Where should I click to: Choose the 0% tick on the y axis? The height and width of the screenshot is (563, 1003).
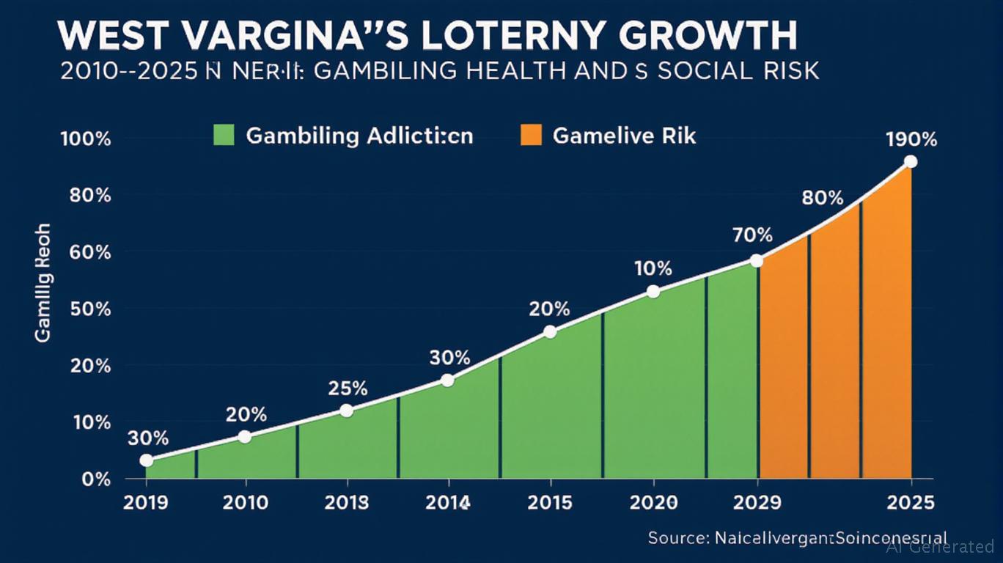click(96, 479)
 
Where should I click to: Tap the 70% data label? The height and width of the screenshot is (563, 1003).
click(752, 235)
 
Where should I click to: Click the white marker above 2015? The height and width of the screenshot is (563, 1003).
click(551, 332)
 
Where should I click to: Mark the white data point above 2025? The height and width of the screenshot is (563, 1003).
click(910, 162)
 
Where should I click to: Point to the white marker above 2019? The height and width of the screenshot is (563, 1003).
click(147, 460)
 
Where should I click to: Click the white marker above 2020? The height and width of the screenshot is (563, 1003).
click(653, 292)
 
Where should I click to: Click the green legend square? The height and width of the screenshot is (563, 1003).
click(222, 135)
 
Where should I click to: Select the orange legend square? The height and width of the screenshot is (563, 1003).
click(529, 135)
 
